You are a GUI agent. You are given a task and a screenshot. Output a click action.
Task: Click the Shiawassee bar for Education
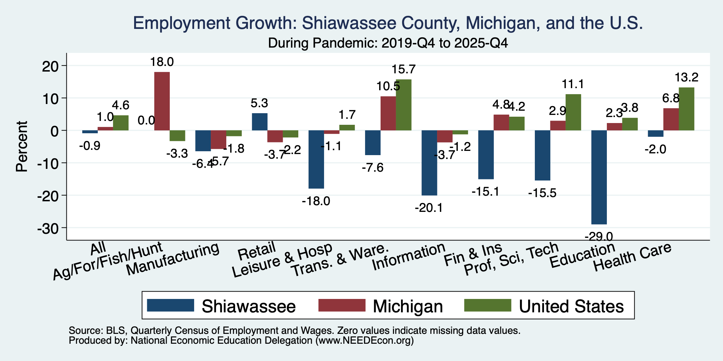[599, 177]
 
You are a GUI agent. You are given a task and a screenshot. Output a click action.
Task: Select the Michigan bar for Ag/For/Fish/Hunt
[162, 101]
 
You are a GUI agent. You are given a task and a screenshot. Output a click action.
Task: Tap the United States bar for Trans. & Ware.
[404, 105]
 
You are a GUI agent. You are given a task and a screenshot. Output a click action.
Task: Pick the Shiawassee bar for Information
[430, 163]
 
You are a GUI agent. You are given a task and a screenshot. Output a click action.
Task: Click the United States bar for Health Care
[687, 109]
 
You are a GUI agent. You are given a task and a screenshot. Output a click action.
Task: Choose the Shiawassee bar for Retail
[260, 122]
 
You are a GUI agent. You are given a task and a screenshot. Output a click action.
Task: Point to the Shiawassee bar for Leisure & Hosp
[316, 159]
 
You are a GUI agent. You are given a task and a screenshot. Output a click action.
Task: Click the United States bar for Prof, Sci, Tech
[573, 112]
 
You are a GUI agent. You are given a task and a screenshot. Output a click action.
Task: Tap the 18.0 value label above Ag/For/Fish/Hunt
[162, 62]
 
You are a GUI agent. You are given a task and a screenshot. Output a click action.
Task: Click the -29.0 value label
[599, 235]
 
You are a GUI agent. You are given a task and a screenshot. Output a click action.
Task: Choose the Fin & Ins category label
[473, 254]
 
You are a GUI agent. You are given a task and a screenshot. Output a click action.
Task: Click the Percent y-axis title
[22, 146]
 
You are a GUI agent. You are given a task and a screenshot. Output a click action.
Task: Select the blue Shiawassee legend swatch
[171, 305]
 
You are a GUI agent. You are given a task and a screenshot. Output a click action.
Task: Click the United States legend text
[571, 306]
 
